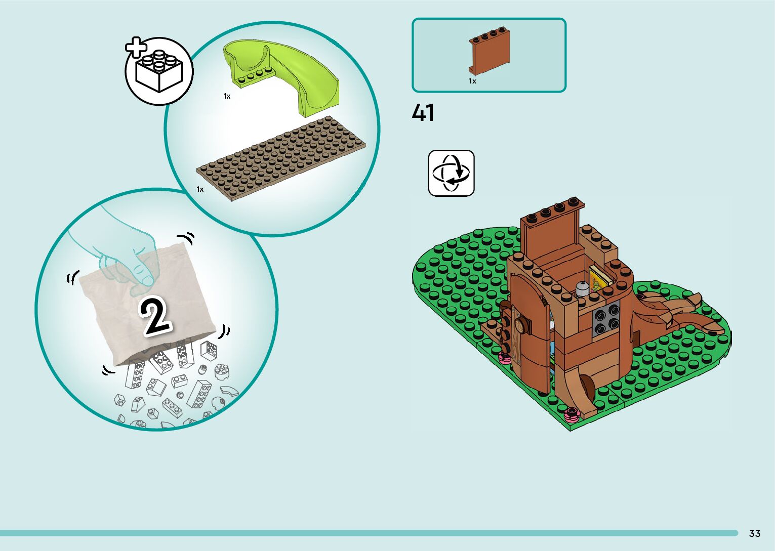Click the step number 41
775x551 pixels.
point(423,113)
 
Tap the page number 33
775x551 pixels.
point(754,533)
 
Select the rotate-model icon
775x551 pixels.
point(451,173)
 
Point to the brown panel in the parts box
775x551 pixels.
point(489,52)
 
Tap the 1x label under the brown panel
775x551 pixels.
point(472,81)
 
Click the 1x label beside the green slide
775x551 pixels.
point(227,96)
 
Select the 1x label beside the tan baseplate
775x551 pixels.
point(200,189)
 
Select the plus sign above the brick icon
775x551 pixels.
point(136,48)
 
